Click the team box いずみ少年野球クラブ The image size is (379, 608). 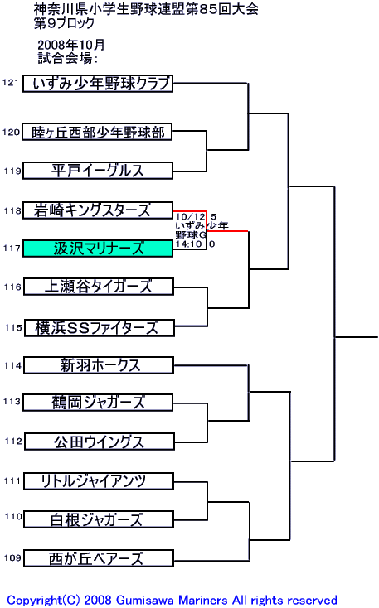coord(98,84)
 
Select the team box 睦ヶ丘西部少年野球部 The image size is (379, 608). coord(97,133)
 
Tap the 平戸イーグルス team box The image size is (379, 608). coord(98,171)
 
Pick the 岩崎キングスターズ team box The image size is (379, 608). coord(98,210)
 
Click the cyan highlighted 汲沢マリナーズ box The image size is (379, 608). coord(98,249)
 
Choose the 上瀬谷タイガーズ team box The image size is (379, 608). coord(99,287)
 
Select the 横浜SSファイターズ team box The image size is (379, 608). coord(100,328)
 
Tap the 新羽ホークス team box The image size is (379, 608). coord(99,365)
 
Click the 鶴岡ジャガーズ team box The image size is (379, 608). coord(98,403)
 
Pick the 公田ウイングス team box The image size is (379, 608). coord(100,442)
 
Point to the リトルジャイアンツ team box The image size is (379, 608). coord(99,481)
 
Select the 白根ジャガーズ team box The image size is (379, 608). coord(99,519)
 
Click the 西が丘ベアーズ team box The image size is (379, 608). coord(99,558)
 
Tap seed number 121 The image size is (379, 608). coord(11,82)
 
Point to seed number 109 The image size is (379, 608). coord(12,557)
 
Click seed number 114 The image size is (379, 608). coord(12,365)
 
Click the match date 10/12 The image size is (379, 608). coord(190,217)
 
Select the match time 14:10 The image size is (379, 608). coord(189,244)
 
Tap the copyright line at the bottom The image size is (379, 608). coord(172,601)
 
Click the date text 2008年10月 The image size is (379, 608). coord(71,45)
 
